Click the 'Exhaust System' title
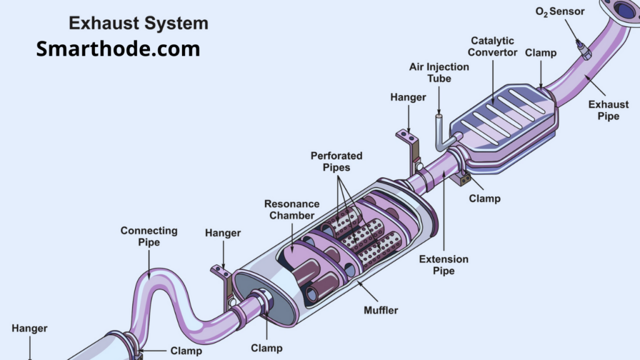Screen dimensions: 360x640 [138, 24]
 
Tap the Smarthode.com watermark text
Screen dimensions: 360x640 [118, 48]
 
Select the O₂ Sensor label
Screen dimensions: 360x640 [560, 11]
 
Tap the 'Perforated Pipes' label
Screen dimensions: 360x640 [336, 162]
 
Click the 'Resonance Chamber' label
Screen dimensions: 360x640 [292, 209]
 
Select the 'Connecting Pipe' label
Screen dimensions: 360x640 [149, 236]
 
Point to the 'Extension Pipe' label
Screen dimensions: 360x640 [444, 265]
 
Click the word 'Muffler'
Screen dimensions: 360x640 [381, 309]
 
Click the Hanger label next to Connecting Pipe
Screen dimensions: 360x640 [222, 233]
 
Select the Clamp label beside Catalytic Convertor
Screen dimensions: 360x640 [541, 52]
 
